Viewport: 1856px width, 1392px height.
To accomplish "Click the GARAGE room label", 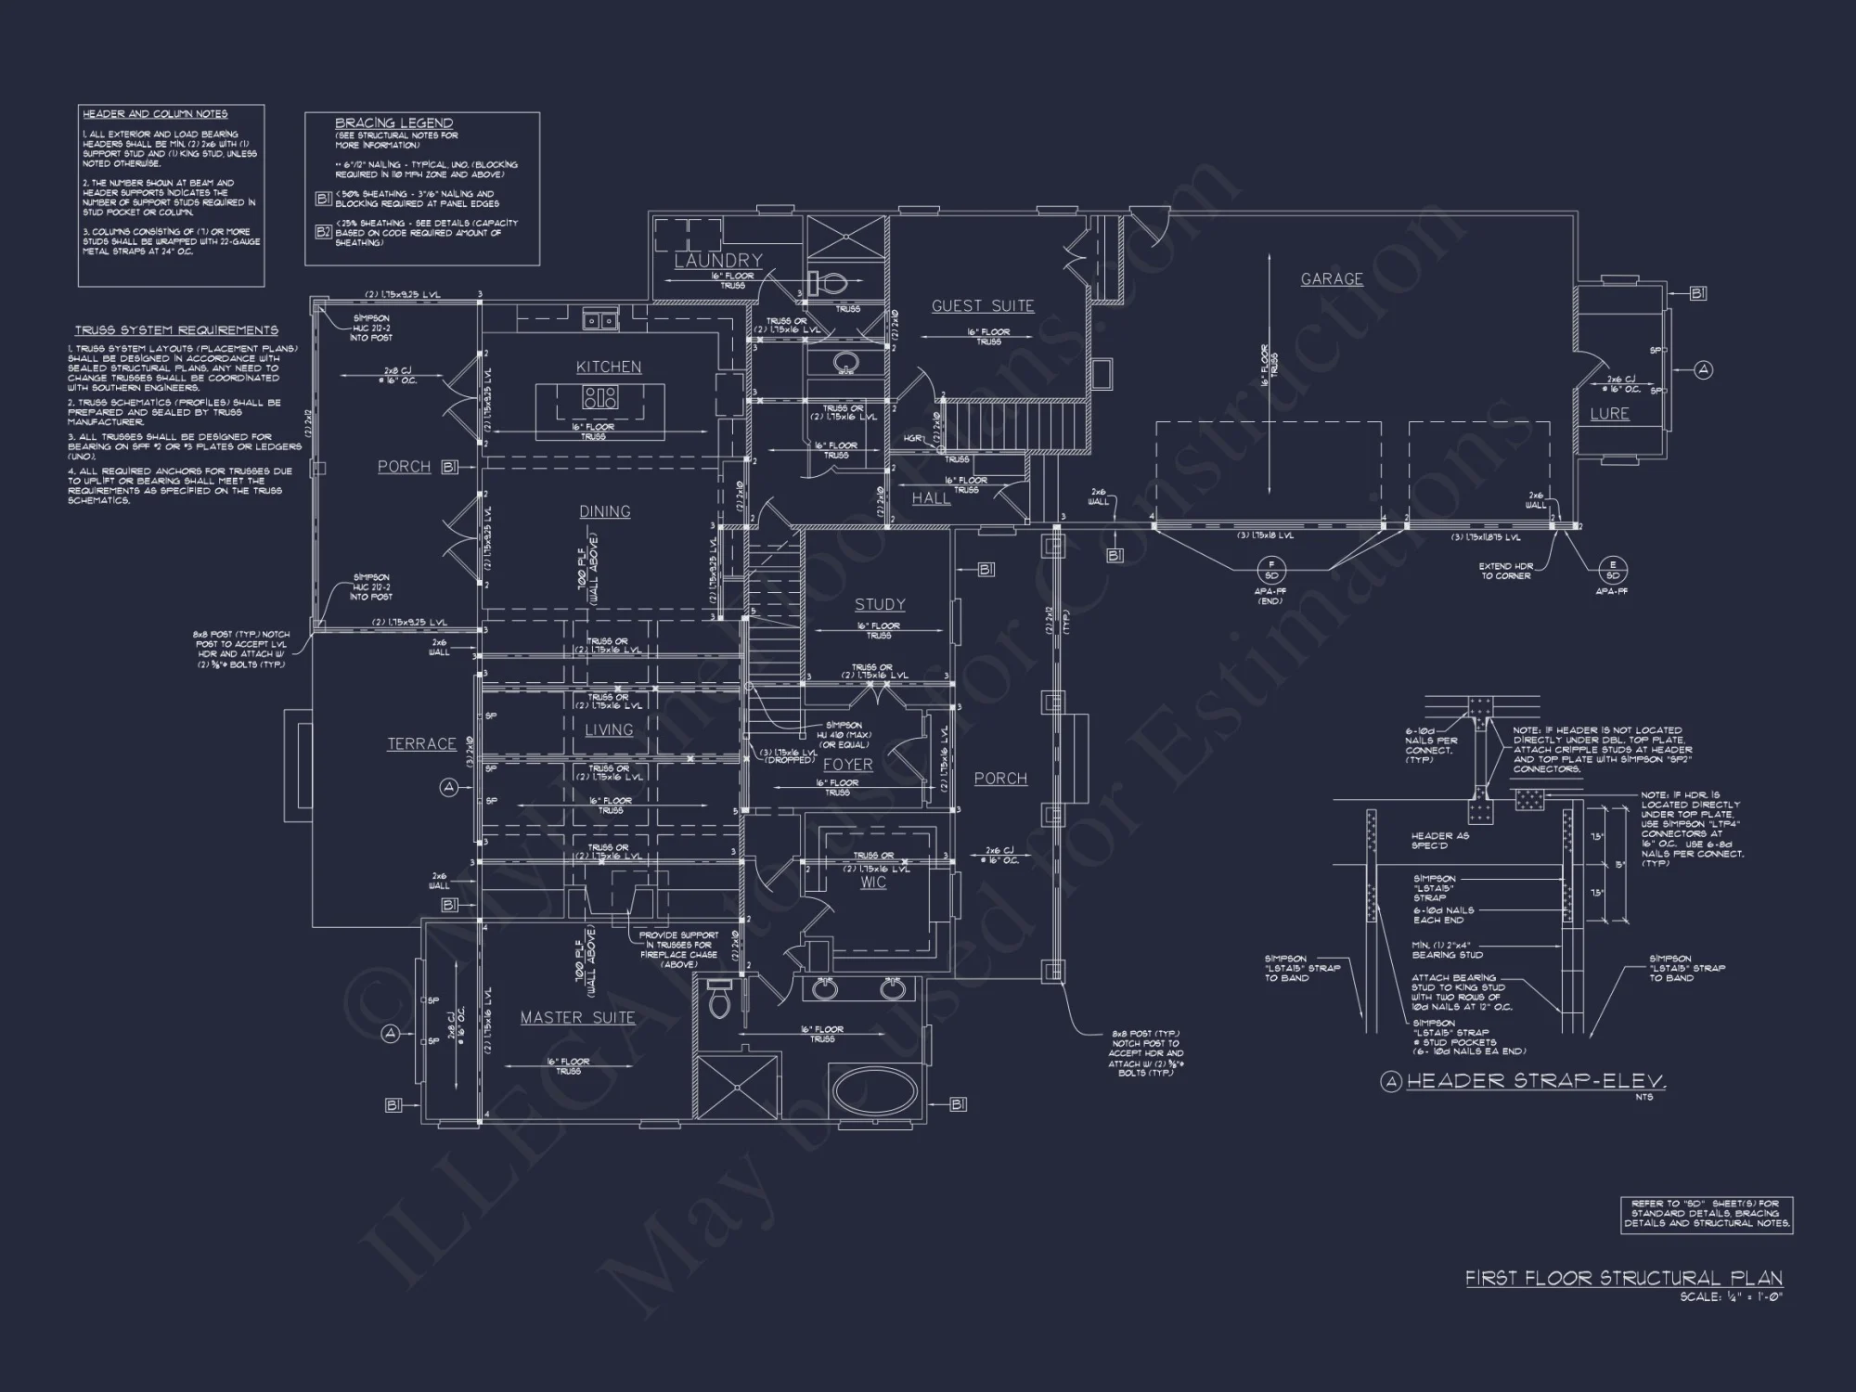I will [1332, 278].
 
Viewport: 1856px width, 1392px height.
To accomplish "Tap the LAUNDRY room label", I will [718, 261].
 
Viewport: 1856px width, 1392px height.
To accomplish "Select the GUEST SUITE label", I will [983, 305].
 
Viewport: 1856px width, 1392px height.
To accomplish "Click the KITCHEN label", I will [609, 367].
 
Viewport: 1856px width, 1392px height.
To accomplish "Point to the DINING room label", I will [605, 511].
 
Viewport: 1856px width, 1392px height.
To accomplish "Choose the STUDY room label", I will [880, 604].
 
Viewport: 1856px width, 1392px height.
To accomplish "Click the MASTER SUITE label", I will [577, 1018].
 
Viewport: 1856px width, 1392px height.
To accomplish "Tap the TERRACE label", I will [421, 743].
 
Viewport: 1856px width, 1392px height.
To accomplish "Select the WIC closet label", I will [873, 883].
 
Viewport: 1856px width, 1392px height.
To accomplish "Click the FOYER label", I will [848, 765].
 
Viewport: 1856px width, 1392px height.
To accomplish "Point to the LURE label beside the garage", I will [1609, 414].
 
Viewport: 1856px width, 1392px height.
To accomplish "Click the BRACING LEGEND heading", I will [394, 122].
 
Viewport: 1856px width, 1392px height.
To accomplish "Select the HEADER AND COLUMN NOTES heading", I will [155, 114].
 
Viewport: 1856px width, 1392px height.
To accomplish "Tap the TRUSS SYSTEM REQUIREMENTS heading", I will [176, 330].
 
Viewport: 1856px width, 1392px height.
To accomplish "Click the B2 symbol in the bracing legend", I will [323, 232].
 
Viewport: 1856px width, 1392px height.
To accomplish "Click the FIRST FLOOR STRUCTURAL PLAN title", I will [1624, 1278].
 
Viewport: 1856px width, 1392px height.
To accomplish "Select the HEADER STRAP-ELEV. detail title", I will [1536, 1081].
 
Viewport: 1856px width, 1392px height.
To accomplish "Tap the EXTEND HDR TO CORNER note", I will [1506, 571].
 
